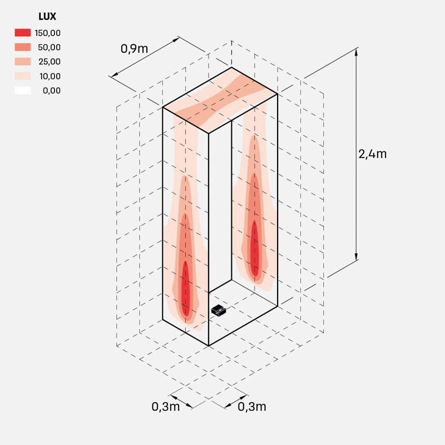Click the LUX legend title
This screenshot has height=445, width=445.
[x=47, y=17]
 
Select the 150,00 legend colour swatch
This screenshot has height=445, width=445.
[x=23, y=33]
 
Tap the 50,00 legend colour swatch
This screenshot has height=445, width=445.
[x=23, y=47]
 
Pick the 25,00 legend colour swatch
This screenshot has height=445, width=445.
[x=23, y=62]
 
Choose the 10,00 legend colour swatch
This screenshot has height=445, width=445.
[x=23, y=76]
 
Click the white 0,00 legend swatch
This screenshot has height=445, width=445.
[x=23, y=91]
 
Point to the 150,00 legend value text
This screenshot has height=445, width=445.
[x=48, y=33]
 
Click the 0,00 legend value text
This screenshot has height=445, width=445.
[x=52, y=91]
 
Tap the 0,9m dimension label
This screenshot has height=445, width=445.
[x=134, y=49]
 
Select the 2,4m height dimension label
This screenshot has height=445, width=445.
[x=372, y=154]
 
